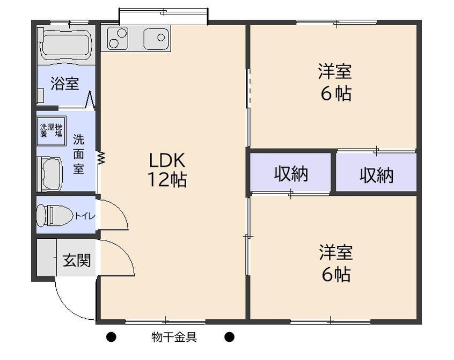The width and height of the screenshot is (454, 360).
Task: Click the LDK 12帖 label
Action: pos(167,170)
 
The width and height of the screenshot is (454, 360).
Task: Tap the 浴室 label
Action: pos(65,84)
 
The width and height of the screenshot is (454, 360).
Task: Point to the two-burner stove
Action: pos(118,38)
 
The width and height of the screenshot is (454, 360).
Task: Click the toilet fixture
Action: pos(54,216)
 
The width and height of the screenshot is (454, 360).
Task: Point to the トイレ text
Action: pos(85,216)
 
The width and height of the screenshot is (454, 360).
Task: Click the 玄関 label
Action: pos(77,260)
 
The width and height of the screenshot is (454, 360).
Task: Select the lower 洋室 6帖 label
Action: pos(336,263)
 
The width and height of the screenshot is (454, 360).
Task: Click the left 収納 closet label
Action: pos(291,174)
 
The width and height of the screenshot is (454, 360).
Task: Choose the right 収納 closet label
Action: pos(376,175)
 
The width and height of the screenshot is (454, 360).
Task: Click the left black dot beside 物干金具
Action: pos(111,337)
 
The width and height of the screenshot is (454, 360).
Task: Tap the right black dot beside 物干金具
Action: pos(229,337)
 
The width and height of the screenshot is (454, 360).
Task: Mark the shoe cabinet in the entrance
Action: pos(46,258)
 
